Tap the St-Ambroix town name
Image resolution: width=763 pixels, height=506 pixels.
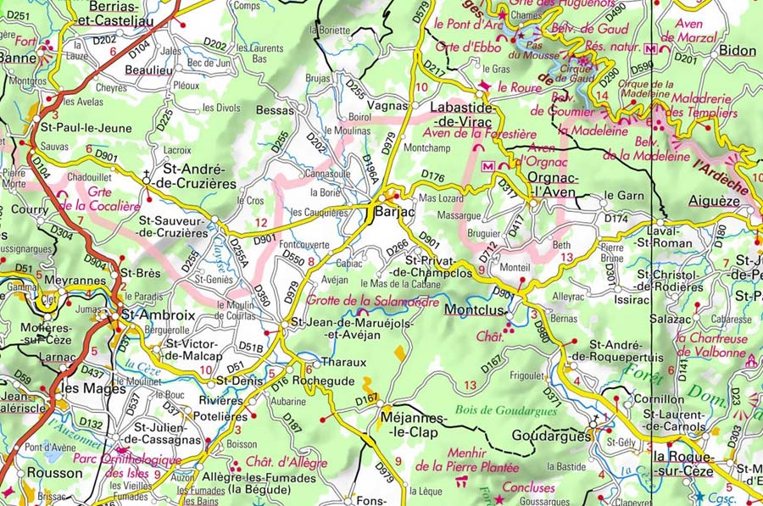tap(158, 314)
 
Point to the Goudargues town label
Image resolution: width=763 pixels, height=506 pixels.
tap(552, 436)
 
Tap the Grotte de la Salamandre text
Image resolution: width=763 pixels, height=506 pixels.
tap(373, 301)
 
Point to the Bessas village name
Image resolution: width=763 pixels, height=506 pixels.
tap(274, 110)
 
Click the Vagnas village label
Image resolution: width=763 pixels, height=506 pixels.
tap(389, 107)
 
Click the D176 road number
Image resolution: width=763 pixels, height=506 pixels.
tap(432, 176)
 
